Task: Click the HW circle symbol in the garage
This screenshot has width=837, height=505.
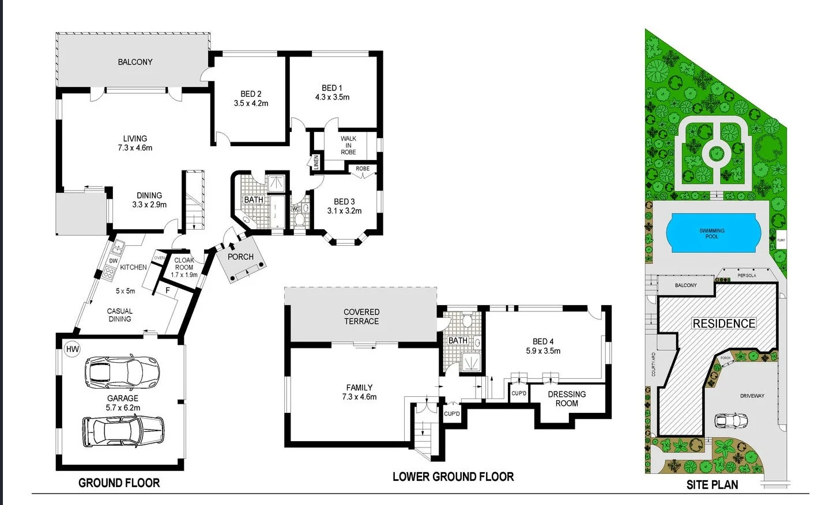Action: point(73,349)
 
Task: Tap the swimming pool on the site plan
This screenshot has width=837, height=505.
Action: point(712,233)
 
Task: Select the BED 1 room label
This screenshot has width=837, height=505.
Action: point(332,93)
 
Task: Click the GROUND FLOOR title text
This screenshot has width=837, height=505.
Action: point(119,483)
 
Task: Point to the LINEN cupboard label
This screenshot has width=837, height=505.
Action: point(316,162)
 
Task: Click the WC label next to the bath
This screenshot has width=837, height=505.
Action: point(295,209)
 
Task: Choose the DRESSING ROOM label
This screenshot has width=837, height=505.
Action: point(567,398)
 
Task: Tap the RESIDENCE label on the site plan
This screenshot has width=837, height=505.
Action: point(723,324)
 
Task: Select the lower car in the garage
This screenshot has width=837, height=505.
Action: point(123,431)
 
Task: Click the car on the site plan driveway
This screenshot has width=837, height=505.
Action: point(730,421)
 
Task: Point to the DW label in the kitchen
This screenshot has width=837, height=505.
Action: point(114,261)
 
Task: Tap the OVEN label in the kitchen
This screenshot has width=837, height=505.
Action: point(160,257)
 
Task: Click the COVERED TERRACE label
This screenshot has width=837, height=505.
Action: point(361,317)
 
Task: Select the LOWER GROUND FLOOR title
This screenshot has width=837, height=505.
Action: point(453,477)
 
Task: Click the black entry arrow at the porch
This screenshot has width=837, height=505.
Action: point(232,246)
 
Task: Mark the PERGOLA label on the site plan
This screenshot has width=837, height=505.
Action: point(746,275)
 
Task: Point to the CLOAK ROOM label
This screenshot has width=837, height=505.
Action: point(184,264)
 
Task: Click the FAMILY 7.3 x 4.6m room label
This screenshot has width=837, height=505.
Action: point(359,392)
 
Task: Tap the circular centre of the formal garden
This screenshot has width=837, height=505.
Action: point(716,153)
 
